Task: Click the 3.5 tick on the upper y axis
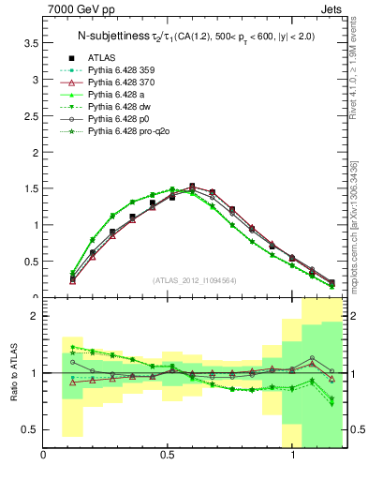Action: [31, 43]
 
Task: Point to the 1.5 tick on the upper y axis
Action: [31, 188]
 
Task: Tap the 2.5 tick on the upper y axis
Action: [31, 115]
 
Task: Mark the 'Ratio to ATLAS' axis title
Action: [11, 373]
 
